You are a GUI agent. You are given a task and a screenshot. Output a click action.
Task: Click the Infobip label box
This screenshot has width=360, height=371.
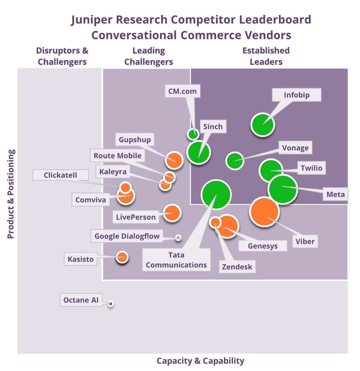coord(296,95)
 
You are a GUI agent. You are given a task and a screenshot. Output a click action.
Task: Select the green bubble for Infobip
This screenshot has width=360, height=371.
coord(262,125)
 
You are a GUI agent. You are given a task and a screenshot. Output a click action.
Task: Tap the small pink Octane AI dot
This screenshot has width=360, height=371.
coord(111,304)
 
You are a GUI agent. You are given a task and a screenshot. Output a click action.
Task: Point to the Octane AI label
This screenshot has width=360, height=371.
coord(81,300)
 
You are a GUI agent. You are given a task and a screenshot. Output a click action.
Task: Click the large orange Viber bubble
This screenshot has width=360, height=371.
coord(264,211)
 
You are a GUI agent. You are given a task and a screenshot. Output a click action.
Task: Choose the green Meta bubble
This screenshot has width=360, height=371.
coord(282,190)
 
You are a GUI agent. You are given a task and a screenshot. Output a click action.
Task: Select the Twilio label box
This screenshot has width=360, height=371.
coord(311,168)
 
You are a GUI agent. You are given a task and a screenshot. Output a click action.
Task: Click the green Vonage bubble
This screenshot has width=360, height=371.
coord(235,161)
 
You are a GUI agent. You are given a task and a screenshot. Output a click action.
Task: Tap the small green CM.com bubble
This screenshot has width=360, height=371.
coord(193,134)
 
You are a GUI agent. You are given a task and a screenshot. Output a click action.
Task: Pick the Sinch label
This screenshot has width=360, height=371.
coord(213,127)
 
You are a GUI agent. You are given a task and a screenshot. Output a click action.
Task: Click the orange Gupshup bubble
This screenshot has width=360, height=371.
coord(174,160)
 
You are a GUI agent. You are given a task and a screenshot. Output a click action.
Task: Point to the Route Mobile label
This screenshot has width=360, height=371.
coord(118,156)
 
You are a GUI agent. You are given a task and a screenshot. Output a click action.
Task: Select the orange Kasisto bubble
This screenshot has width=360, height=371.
coord(122,257)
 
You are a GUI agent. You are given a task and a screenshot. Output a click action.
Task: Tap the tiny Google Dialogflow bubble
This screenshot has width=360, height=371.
coord(178,238)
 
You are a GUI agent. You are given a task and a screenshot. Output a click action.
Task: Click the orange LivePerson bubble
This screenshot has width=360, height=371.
coord(172,213)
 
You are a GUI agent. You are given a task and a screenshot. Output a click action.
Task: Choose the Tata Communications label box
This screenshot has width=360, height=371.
coord(176,260)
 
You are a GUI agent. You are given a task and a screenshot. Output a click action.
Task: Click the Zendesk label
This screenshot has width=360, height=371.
coord(237,267)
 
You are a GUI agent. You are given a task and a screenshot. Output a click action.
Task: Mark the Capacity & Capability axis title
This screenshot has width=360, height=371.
coord(200,361)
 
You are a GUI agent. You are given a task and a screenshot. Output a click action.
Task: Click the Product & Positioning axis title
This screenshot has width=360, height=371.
coord(11,194)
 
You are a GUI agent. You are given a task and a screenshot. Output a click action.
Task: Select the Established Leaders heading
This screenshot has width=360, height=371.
coord(266,56)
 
